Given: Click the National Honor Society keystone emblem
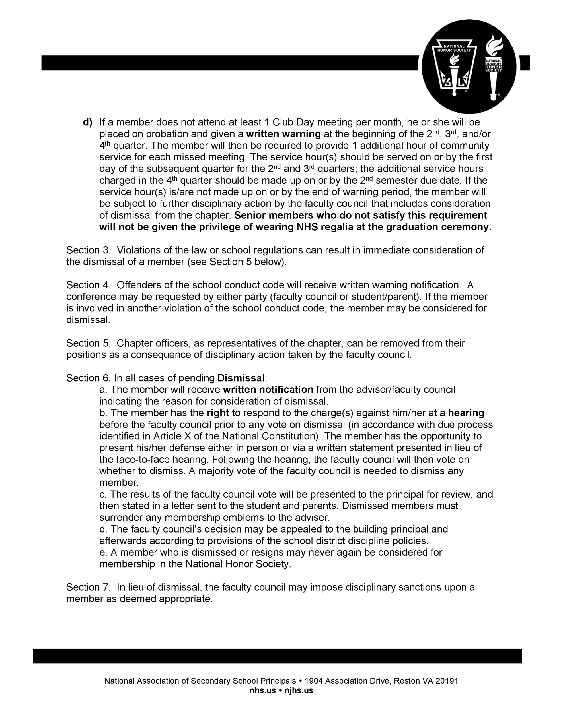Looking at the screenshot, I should coord(454,67).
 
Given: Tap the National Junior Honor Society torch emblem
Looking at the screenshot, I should coord(493,67).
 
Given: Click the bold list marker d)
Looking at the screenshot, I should coord(87,122).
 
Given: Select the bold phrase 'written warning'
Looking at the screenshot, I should coord(283,134).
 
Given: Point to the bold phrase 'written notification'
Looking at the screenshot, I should coord(268,390).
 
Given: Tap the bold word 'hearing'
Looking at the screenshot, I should coord(466,413).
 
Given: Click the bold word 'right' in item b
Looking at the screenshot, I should coord(218,413).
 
